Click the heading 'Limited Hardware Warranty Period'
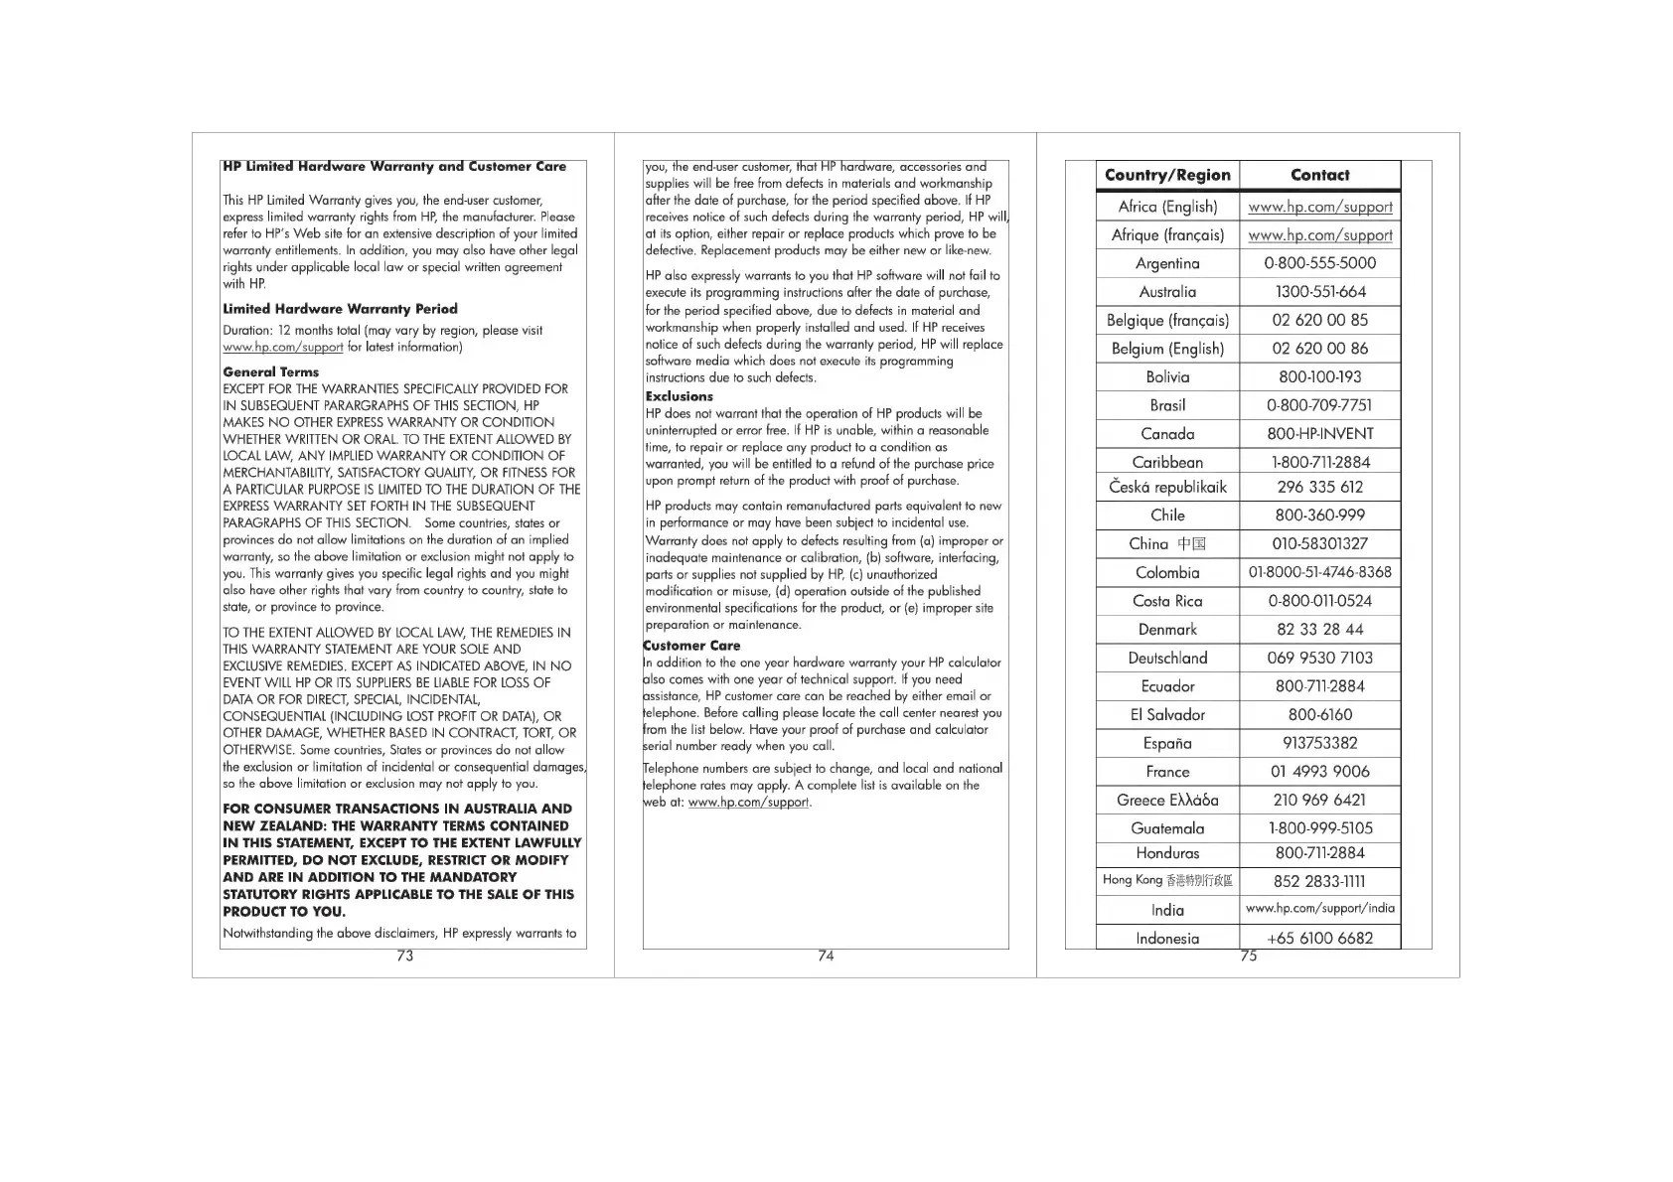(x=340, y=309)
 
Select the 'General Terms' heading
(x=271, y=371)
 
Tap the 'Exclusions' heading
(x=680, y=396)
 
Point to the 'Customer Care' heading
(x=692, y=646)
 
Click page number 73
(x=404, y=956)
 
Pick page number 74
(x=826, y=956)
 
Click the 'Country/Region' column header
(x=1167, y=175)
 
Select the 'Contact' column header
(x=1319, y=175)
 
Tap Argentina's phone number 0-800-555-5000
(x=1319, y=263)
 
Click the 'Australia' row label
(x=1167, y=292)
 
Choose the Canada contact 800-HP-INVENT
(x=1319, y=434)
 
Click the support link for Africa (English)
(x=1319, y=207)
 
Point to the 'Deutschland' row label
(x=1167, y=658)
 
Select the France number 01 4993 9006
(x=1319, y=772)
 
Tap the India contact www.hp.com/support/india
(x=1319, y=908)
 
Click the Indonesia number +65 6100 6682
(x=1319, y=938)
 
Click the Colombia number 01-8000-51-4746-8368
(x=1319, y=572)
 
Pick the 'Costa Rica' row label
(x=1167, y=601)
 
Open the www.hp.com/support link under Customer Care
(x=748, y=803)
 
